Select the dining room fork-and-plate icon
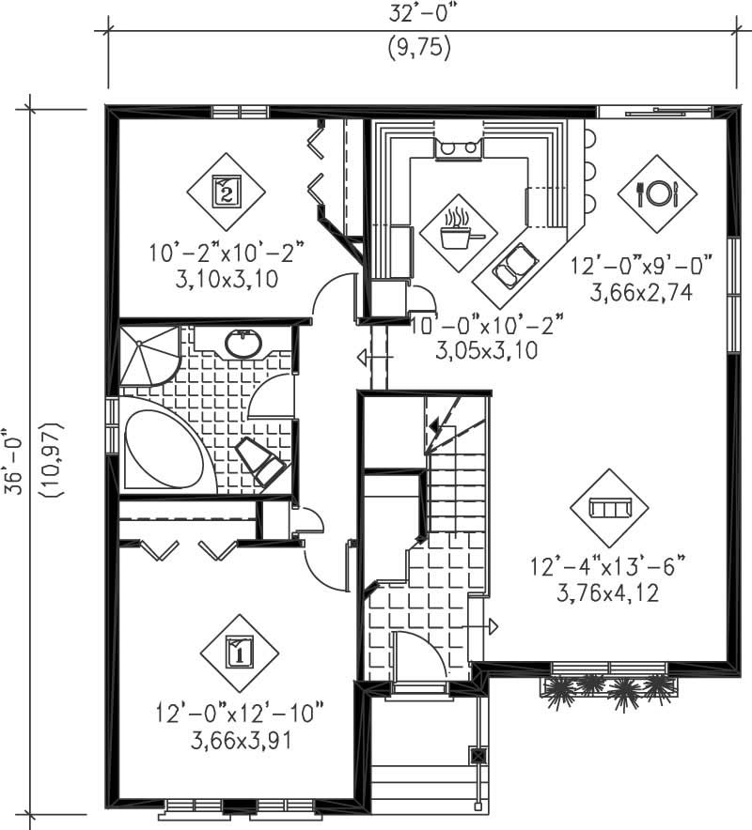click(658, 193)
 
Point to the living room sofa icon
click(608, 508)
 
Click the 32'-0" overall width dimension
click(418, 13)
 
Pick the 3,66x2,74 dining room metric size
click(641, 293)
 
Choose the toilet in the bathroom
click(262, 459)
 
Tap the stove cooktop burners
click(457, 146)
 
